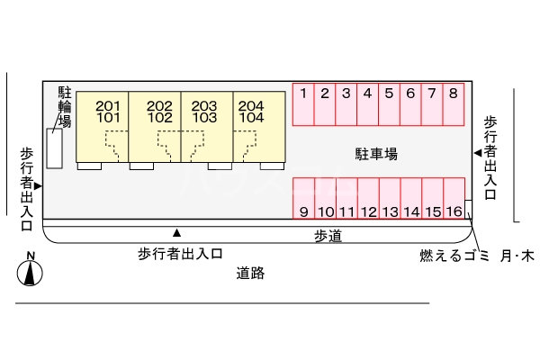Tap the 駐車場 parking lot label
377,154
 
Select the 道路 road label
251,273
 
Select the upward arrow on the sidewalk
177,232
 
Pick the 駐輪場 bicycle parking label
65,106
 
